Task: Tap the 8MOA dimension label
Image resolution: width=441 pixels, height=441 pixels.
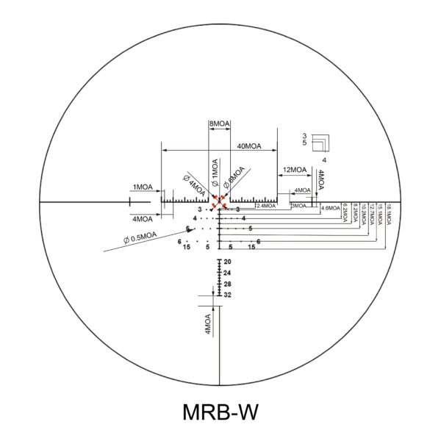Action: click(x=218, y=124)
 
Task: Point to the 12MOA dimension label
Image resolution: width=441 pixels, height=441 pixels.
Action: click(x=295, y=171)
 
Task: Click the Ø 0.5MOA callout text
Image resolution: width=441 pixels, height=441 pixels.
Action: click(x=140, y=237)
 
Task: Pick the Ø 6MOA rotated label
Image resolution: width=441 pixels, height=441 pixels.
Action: click(x=236, y=181)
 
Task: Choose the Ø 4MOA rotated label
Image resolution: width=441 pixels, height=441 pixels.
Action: click(x=195, y=183)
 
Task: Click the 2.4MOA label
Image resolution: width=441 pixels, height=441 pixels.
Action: click(x=265, y=206)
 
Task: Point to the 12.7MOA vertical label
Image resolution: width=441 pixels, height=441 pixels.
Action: click(x=372, y=215)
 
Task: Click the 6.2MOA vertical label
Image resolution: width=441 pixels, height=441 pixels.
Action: click(x=345, y=213)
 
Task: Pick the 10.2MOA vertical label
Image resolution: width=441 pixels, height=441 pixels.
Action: click(x=363, y=215)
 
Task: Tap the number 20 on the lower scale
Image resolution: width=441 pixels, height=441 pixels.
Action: click(x=228, y=262)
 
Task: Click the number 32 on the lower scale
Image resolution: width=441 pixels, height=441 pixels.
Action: click(x=228, y=294)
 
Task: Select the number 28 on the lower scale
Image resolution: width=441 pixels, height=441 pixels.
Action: click(x=228, y=284)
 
